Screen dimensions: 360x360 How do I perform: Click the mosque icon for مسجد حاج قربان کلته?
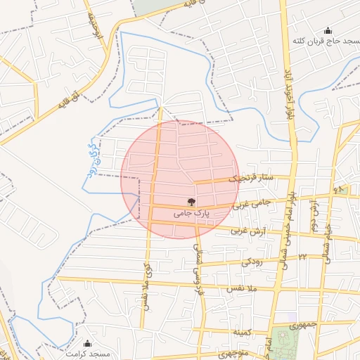327,31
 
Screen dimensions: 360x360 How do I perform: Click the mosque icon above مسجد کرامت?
87,343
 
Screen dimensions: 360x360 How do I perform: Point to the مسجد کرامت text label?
86,354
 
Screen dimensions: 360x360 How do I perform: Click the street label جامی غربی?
252,203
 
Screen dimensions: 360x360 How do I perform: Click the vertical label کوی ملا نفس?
147,281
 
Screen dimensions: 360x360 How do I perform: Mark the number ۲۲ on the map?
302,257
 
